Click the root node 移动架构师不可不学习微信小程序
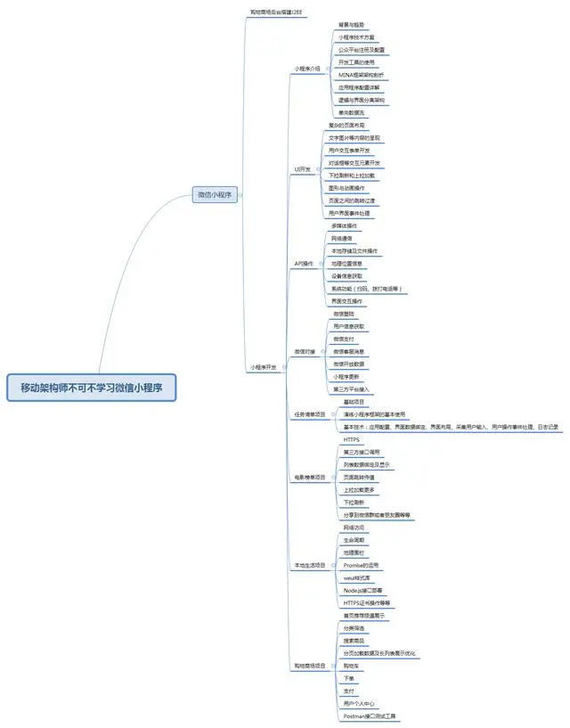(92, 387)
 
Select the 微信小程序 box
(216, 195)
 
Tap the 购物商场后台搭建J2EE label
(276, 12)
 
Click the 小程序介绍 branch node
(307, 68)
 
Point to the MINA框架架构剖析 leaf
(362, 76)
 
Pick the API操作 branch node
(304, 264)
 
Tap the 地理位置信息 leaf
(348, 264)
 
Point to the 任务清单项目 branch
(310, 414)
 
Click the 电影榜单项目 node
(310, 478)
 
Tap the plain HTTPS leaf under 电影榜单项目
(351, 440)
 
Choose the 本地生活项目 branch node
(310, 566)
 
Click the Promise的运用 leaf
(361, 565)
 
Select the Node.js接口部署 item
(363, 590)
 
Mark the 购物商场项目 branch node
(310, 666)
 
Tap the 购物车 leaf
(351, 665)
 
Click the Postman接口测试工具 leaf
(370, 716)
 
